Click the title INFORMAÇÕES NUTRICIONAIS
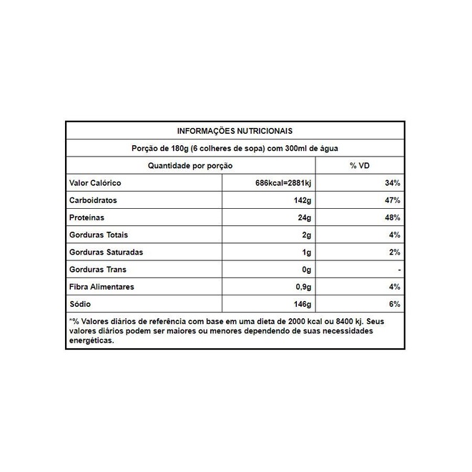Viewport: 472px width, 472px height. [235, 131]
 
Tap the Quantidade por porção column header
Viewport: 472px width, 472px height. [190, 165]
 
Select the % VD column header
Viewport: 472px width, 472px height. [359, 165]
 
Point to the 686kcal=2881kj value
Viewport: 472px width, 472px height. [284, 183]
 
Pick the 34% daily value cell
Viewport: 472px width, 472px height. [392, 183]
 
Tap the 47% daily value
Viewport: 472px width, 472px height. [392, 200]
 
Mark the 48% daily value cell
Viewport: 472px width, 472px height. [392, 217]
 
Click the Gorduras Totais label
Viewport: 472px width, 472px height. [99, 235]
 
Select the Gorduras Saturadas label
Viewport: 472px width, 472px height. [107, 252]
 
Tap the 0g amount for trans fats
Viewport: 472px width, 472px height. [307, 270]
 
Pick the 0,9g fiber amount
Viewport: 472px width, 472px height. [303, 287]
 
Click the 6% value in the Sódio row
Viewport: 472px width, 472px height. [394, 304]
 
